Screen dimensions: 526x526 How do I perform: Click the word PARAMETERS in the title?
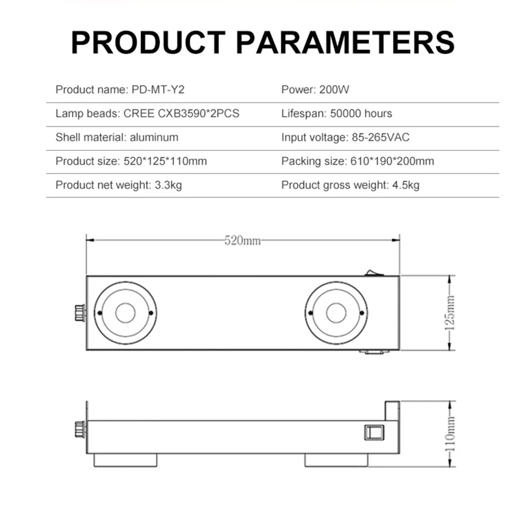pos(346,42)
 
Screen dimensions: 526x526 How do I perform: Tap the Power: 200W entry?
pos(315,89)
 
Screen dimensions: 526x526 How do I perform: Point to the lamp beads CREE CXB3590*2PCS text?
pos(147,113)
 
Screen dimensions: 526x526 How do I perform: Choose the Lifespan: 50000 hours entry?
pos(337,113)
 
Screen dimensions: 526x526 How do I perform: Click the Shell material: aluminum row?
pos(117,137)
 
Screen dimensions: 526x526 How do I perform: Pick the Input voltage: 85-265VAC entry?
pos(345,137)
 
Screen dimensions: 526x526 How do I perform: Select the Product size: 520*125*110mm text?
pos(131,161)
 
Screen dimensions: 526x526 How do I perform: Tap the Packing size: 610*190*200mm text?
pos(358,161)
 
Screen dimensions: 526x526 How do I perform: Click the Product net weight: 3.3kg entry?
pos(118,185)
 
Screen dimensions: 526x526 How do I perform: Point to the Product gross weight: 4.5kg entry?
pos(350,185)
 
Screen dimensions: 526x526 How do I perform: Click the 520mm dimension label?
pos(242,241)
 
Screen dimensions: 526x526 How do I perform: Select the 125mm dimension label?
pos(450,312)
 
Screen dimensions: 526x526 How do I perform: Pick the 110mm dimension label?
pos(450,433)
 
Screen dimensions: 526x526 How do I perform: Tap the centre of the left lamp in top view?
pos(125,313)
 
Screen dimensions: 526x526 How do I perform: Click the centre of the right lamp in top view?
pos(336,313)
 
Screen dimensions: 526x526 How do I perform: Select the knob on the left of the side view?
pos(80,429)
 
